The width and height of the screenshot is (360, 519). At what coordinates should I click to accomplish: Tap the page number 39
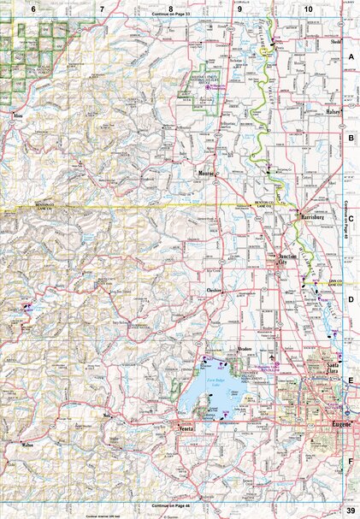(351, 510)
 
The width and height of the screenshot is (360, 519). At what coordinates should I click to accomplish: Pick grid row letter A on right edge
(351, 56)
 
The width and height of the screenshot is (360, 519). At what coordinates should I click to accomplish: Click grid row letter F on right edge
(351, 461)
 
